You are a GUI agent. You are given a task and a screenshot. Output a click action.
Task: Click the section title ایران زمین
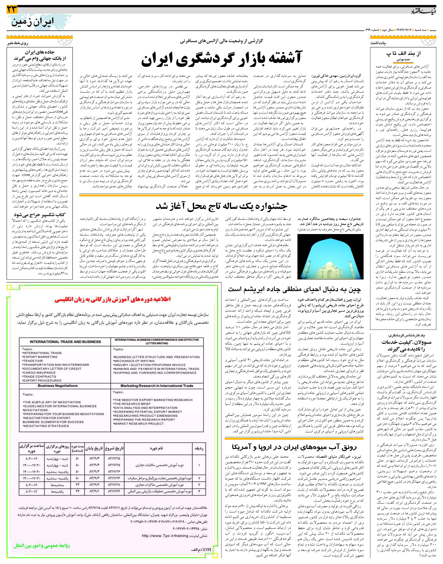coord(32,22)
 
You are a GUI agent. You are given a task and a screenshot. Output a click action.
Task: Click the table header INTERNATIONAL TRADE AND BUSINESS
coord(65,342)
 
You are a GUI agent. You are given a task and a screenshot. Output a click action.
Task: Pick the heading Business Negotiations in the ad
coord(58,386)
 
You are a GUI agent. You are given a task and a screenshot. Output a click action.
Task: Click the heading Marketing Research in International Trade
coord(157,386)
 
